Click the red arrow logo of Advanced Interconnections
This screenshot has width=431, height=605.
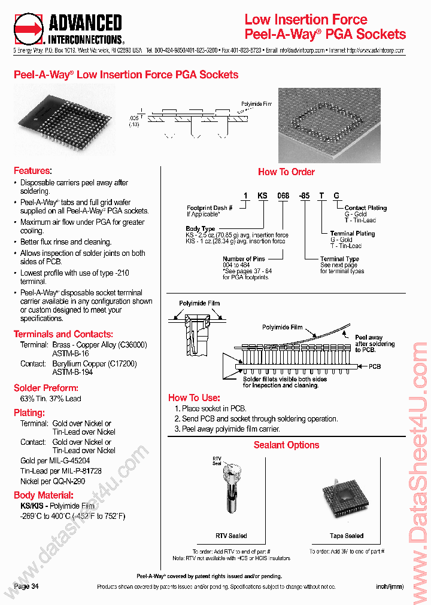click(29, 29)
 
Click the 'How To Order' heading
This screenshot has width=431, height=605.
click(286, 172)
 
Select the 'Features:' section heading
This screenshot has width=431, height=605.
click(32, 171)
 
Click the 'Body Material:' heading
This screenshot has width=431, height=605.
click(44, 495)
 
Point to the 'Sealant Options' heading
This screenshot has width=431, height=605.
click(286, 445)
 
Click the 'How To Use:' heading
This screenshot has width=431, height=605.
click(194, 398)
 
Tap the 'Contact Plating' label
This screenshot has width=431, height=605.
click(365, 208)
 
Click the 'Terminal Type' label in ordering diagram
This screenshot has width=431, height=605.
click(339, 259)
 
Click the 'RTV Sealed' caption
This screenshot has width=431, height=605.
click(231, 536)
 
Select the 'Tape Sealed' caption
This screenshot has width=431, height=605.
click(346, 536)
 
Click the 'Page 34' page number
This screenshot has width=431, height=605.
click(26, 586)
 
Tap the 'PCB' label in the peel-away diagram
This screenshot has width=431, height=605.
click(375, 366)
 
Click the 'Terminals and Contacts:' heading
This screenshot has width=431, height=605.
click(63, 334)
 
